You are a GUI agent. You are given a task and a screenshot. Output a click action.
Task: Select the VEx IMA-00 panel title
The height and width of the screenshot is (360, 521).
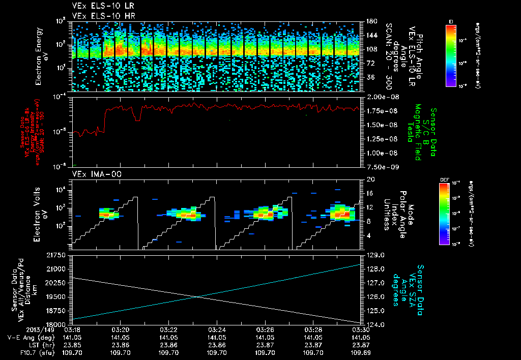(x=93, y=174)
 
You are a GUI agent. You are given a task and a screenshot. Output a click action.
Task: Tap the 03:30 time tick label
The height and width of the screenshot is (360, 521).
(x=361, y=329)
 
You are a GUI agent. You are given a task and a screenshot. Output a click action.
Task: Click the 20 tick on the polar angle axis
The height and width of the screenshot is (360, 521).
(x=369, y=179)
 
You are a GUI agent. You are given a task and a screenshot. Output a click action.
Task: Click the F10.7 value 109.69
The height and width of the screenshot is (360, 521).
(x=361, y=351)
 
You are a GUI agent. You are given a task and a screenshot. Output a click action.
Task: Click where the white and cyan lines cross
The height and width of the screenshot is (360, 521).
(x=195, y=297)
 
